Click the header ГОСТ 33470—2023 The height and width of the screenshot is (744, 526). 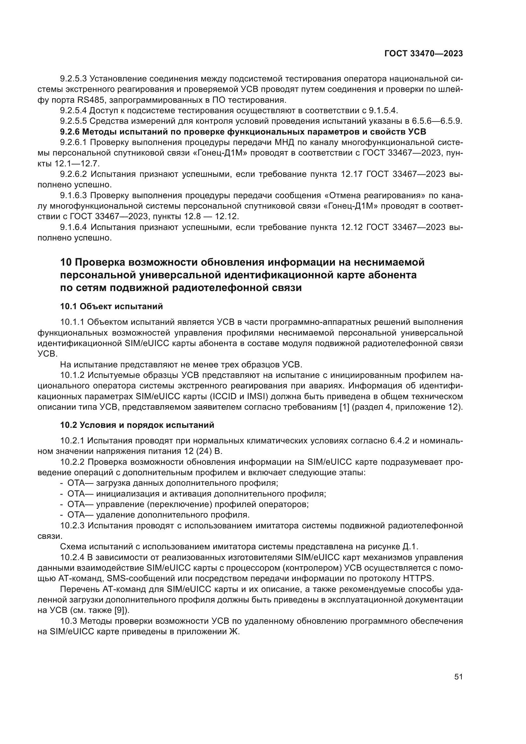click(x=423, y=54)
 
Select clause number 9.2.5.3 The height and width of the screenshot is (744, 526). click(x=73, y=79)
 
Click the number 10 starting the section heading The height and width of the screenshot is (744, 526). click(x=65, y=262)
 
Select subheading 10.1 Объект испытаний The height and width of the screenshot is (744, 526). click(x=111, y=306)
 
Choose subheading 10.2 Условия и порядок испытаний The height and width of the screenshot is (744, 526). click(x=137, y=425)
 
